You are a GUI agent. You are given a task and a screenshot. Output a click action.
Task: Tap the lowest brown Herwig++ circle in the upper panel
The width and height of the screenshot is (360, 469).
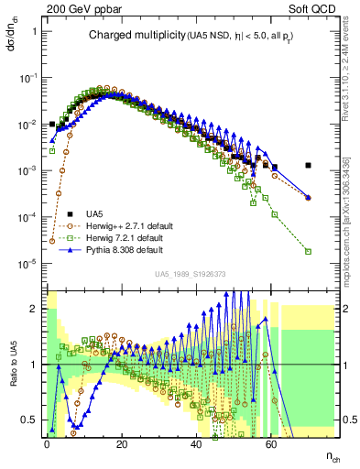[52, 241]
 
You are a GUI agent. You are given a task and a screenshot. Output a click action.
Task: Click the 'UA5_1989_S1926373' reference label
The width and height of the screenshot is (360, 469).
[190, 273]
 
